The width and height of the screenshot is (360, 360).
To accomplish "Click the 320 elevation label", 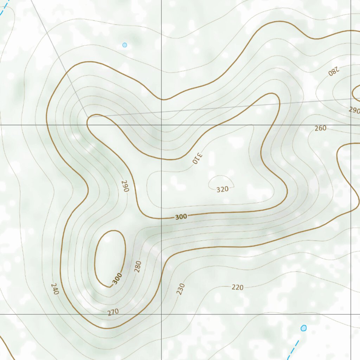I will click(x=222, y=189).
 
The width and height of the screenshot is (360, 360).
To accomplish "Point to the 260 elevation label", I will click(x=320, y=128).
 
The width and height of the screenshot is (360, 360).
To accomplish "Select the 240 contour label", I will click(x=55, y=289).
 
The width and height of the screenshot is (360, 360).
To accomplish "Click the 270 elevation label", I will click(x=113, y=311).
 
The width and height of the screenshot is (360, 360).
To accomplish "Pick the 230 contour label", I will click(x=181, y=289).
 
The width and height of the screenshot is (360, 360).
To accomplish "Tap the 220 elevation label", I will click(x=238, y=287).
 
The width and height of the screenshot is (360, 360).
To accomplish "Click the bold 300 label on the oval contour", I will click(x=117, y=278).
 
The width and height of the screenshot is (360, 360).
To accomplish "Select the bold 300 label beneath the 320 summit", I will click(x=181, y=217).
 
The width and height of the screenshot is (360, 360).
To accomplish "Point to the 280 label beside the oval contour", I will click(x=137, y=266).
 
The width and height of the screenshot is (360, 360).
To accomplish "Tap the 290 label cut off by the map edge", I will click(x=354, y=110).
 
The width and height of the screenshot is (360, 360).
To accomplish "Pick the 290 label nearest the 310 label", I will click(x=125, y=186).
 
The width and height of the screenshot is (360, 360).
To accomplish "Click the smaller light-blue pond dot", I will click(x=124, y=45).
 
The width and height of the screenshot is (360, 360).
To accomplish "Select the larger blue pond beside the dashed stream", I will click(x=304, y=328).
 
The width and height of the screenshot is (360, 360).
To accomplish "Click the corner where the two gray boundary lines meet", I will click(x=87, y=116).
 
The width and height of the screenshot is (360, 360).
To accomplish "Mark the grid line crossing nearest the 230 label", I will click(x=161, y=314).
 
